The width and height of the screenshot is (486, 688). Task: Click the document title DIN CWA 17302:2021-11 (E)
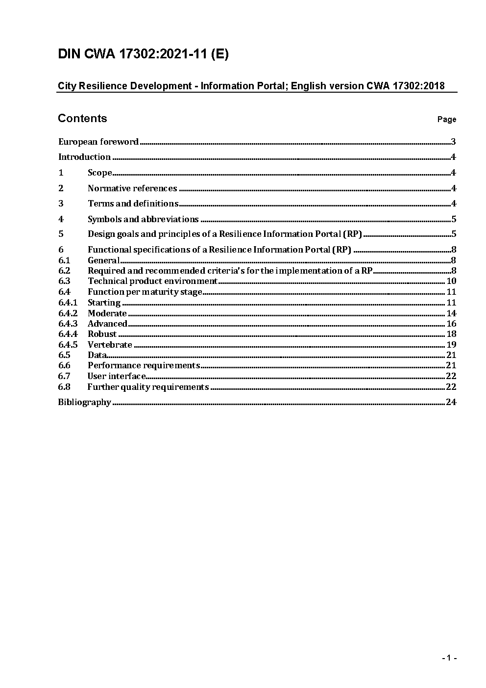[143, 54]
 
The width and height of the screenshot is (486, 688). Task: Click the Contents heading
[82, 118]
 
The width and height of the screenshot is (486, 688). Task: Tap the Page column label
[446, 119]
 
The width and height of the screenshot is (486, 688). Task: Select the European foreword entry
[98, 142]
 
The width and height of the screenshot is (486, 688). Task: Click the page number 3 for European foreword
[453, 142]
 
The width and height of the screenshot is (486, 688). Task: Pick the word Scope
[100, 173]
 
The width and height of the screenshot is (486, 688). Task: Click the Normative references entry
[132, 188]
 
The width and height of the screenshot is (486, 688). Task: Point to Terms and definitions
[133, 204]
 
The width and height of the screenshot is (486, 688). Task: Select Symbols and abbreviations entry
[143, 219]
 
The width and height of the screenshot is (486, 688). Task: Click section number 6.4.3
[68, 324]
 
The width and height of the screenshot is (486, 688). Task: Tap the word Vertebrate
[110, 345]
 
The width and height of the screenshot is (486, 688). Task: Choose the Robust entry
[102, 334]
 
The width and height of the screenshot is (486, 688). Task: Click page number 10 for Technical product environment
[451, 281]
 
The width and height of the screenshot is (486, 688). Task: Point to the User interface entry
[117, 376]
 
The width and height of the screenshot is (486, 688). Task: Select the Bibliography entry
[85, 402]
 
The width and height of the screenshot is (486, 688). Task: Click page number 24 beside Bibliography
[451, 402]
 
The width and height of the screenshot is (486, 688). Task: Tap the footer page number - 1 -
[449, 658]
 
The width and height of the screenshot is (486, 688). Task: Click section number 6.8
[64, 387]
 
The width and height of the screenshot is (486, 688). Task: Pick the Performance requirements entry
[144, 365]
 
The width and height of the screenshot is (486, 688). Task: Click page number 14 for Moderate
[451, 313]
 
